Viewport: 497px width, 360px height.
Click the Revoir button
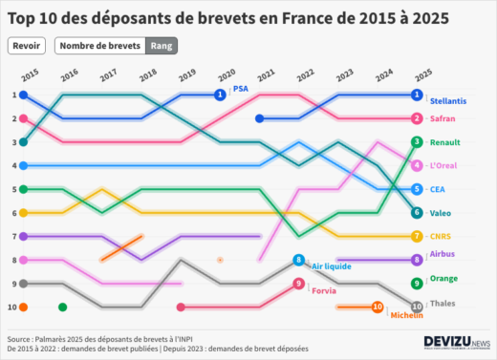pos(27,46)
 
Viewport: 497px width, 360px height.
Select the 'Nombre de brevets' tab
pos(99,46)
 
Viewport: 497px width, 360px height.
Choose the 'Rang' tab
pos(162,46)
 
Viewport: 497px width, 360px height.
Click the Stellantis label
pos(448,100)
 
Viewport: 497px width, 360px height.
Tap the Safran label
pos(443,118)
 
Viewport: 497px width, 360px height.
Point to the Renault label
pos(444,142)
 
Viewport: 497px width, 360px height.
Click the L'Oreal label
pos(444,166)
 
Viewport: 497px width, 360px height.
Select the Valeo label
pos(441,213)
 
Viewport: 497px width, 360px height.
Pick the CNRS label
pos(441,237)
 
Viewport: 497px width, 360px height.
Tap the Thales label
pos(443,303)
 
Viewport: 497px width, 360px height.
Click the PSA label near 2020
pos(240,89)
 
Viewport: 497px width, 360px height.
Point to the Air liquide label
pos(331,265)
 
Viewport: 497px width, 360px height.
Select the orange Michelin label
pos(406,314)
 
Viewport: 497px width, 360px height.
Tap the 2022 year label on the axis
pos(305,74)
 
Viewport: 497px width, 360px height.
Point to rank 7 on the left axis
pos(13,236)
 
